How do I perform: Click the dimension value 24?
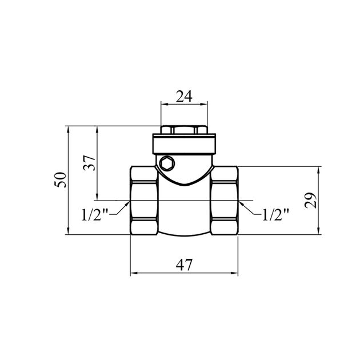click(184, 97)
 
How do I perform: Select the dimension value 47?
click(184, 265)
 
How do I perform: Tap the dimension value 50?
click(60, 180)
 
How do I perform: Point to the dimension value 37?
click(89, 163)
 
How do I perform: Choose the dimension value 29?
click(310, 200)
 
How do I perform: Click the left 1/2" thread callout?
click(95, 215)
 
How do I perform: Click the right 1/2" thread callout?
click(275, 215)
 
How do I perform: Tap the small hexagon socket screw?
click(167, 164)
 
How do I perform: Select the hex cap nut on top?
click(184, 130)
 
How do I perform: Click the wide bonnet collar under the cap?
click(184, 144)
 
